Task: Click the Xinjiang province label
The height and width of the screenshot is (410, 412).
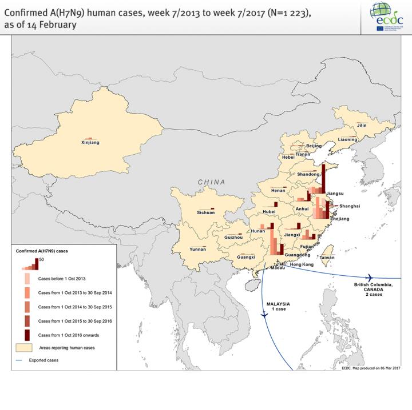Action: [x=90, y=142]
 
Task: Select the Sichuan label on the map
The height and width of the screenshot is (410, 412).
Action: [x=206, y=212]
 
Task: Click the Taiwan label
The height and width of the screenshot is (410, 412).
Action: [x=327, y=258]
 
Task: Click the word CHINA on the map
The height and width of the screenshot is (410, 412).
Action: [x=212, y=182]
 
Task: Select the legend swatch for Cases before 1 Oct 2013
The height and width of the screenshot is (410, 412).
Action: [x=27, y=279]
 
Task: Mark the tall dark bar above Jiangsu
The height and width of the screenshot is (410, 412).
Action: [x=325, y=177]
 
